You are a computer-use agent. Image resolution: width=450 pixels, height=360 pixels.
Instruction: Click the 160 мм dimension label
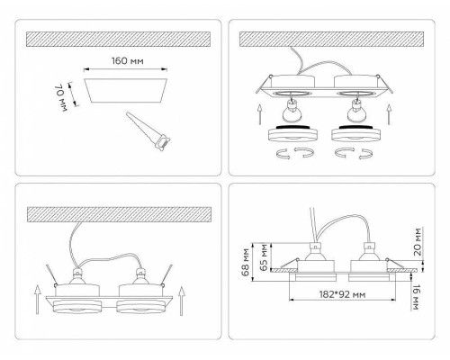coord(128,61)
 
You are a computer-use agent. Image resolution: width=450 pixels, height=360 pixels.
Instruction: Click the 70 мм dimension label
coord(60,98)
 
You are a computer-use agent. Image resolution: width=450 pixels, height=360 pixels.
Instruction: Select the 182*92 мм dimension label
coord(342,294)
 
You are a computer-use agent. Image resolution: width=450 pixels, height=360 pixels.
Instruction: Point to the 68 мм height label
coord(246,262)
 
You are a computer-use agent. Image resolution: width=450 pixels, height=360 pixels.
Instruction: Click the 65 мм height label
coord(264,257)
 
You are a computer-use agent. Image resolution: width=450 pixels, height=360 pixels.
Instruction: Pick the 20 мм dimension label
coord(417,241)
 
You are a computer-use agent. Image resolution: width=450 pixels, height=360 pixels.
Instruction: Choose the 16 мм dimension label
coord(417,297)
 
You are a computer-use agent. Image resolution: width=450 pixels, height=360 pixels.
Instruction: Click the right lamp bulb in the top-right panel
coord(356,110)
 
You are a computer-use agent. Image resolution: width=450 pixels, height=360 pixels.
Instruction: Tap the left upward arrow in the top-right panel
coord(260,114)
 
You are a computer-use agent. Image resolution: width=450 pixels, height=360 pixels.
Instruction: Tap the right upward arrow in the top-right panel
coord(390,114)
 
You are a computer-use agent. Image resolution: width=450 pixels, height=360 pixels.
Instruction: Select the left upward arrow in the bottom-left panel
coord(37,300)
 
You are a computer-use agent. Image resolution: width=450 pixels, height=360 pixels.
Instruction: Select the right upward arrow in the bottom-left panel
coord(181,301)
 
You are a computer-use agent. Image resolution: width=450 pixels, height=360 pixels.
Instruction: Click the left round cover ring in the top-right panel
coord(292,133)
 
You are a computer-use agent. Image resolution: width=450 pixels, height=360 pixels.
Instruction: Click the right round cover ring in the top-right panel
coord(355,133)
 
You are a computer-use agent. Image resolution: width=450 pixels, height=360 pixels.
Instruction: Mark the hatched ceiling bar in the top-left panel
coord(118,39)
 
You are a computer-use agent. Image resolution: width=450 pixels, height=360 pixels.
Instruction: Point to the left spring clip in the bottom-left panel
coord(51,275)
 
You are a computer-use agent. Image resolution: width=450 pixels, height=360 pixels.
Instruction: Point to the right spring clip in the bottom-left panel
coord(166,275)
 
